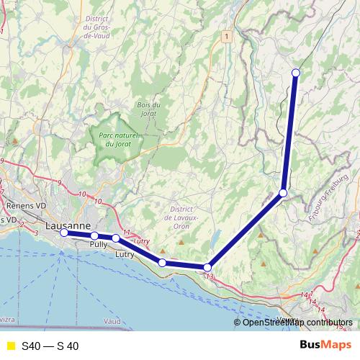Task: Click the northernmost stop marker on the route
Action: pyautogui.click(x=296, y=72)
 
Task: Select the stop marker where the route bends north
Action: pyautogui.click(x=284, y=193)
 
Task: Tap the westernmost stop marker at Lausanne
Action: pyautogui.click(x=64, y=233)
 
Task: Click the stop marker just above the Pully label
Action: pyautogui.click(x=94, y=235)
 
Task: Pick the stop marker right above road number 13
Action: pyautogui.click(x=207, y=267)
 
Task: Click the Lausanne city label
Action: pyautogui.click(x=68, y=225)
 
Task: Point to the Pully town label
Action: pyautogui.click(x=99, y=245)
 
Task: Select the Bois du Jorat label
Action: pyautogui.click(x=147, y=108)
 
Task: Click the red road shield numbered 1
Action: pyautogui.click(x=227, y=35)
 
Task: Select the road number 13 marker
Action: pyautogui.click(x=210, y=276)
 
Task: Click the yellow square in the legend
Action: pyautogui.click(x=10, y=346)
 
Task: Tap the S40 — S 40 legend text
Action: pyautogui.click(x=50, y=346)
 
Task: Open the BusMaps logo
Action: pyautogui.click(x=325, y=345)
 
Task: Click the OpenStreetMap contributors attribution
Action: pyautogui.click(x=297, y=322)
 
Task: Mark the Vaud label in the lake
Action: pyautogui.click(x=112, y=320)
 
